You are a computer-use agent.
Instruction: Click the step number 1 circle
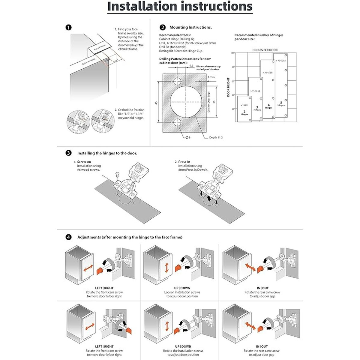[x=68, y=28]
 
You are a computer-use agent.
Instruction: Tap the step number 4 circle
[x=68, y=237]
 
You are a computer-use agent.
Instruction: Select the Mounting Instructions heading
[x=190, y=27]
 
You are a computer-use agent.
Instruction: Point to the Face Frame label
[x=100, y=48]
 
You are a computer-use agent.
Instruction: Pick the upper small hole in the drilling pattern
[x=177, y=81]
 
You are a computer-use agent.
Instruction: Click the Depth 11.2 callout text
[x=216, y=137]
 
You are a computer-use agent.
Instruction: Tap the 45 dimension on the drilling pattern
[x=156, y=103]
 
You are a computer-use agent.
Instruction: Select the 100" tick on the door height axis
[x=232, y=53]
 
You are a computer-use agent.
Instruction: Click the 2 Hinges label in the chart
[x=244, y=113]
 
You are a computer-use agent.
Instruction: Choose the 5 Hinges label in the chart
[x=281, y=104]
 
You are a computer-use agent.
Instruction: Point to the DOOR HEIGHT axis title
[x=229, y=87]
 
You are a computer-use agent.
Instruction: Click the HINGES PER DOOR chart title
[x=265, y=50]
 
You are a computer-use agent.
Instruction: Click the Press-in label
[x=184, y=162]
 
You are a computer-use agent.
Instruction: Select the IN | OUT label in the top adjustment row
[x=262, y=288]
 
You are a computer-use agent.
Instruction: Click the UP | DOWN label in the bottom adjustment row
[x=183, y=346]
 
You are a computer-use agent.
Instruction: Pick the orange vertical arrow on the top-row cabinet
[x=166, y=268]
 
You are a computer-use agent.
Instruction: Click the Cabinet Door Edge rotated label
[x=209, y=102]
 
